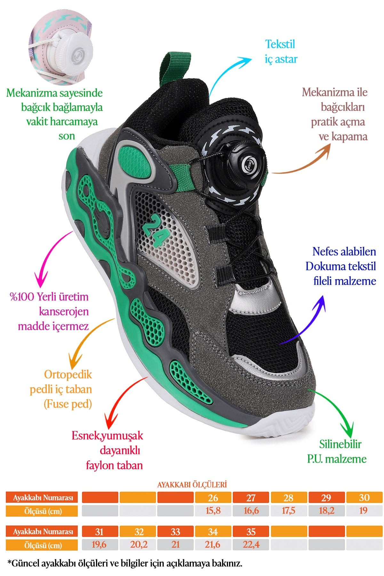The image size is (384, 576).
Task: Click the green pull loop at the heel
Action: pyautogui.click(x=175, y=68)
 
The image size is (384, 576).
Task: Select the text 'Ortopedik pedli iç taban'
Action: pyautogui.click(x=61, y=382)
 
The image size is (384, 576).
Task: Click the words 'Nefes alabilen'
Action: pyautogui.click(x=344, y=252)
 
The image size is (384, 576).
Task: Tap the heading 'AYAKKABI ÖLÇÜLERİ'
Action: pyautogui.click(x=192, y=484)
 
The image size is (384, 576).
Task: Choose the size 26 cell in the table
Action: pyautogui.click(x=213, y=498)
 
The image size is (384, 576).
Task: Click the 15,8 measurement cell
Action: pyautogui.click(x=213, y=510)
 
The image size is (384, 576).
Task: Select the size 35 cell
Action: pyautogui.click(x=251, y=532)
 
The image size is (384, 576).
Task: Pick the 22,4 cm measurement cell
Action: pyautogui.click(x=251, y=545)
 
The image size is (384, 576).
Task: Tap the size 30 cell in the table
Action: pyautogui.click(x=364, y=498)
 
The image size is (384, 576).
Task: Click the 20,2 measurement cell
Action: pyautogui.click(x=139, y=545)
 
